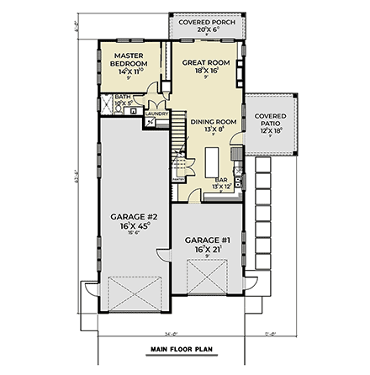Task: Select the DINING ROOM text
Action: (213, 122)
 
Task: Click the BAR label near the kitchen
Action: (222, 179)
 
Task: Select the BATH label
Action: (123, 97)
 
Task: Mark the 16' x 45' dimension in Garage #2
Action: (129, 226)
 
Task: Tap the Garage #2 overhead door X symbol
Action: (128, 295)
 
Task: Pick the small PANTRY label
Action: (178, 179)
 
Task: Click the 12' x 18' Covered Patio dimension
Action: (270, 130)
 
